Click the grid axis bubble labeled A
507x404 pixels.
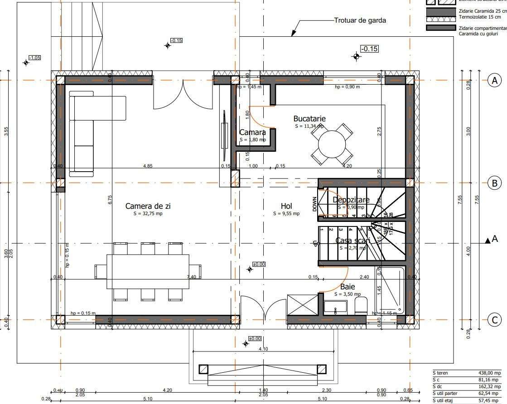494,81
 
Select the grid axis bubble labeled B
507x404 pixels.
494,183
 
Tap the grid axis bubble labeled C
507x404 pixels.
494,320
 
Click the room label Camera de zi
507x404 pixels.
148,206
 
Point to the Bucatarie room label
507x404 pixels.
309,119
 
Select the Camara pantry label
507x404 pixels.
252,133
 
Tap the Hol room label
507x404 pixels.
286,206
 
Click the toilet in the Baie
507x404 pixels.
361,306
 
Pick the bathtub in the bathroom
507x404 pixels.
389,290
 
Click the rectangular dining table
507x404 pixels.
148,271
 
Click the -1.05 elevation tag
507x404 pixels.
34,58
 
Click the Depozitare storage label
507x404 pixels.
351,200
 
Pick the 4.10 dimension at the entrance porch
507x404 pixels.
263,349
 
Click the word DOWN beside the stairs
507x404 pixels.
314,204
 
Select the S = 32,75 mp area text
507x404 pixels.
148,213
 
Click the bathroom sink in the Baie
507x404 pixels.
335,307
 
